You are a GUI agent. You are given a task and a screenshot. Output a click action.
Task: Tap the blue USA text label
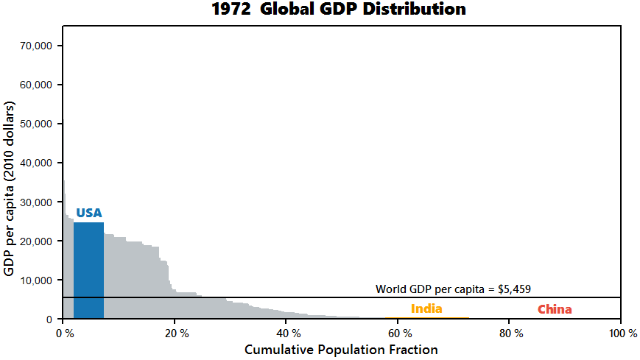89,213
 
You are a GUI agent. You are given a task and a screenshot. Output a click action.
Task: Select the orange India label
426,308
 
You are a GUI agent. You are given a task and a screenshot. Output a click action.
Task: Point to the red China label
554,309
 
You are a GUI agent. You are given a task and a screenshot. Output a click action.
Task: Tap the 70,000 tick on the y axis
35,46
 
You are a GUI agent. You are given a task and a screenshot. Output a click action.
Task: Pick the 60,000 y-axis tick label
35,85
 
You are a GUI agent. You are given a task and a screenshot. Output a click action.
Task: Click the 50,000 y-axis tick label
35,124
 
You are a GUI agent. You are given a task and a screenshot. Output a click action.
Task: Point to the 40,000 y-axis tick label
35,163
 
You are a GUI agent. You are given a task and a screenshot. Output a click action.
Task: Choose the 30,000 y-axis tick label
35,202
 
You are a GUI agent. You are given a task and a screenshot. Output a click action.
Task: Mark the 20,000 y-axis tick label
35,241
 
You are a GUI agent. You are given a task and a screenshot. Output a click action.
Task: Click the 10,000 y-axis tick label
35,280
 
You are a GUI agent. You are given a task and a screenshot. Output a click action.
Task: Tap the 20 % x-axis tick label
175,333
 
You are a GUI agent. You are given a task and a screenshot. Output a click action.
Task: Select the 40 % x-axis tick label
286,333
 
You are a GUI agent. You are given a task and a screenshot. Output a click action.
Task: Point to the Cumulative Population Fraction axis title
341,349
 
